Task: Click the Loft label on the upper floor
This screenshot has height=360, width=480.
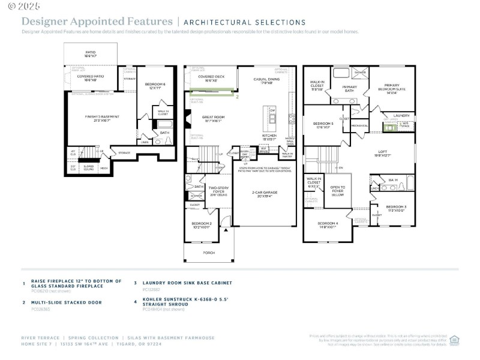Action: point(382,153)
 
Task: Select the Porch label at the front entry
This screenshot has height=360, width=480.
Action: point(209,253)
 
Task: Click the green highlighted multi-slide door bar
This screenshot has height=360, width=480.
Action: point(212,92)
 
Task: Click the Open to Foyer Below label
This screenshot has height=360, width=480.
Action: point(338,191)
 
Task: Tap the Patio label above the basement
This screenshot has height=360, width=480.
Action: point(91,53)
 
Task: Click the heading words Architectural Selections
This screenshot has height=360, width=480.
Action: point(244,22)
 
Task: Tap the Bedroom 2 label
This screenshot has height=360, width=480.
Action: point(201,225)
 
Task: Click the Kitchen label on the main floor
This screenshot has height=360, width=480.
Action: point(269,137)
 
